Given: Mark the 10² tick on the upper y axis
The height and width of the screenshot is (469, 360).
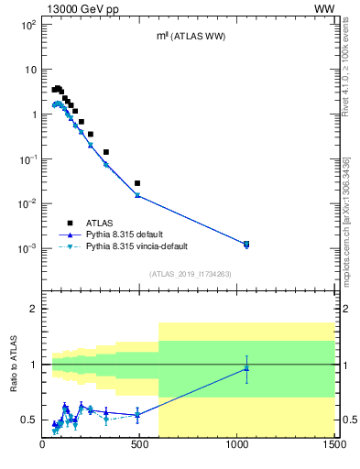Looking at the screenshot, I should (29, 25).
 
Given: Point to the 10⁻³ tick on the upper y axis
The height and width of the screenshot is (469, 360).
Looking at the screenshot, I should (28, 248).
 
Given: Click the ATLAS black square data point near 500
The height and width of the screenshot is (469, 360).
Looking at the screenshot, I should (137, 183).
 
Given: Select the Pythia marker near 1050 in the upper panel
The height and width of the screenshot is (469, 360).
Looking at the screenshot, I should (246, 244).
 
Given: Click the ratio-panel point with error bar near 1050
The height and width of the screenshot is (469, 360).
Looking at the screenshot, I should (246, 368).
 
